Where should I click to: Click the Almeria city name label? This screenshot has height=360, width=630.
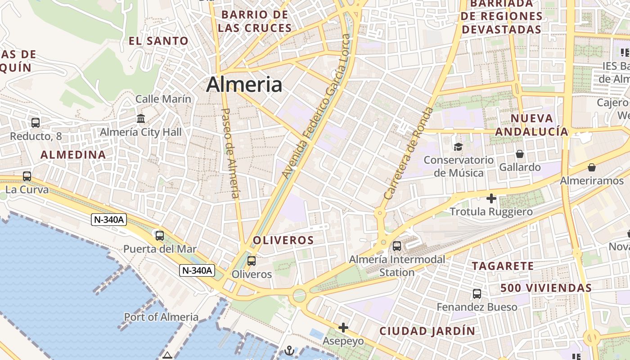[244, 85]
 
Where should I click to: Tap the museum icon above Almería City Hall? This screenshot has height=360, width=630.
[141, 119]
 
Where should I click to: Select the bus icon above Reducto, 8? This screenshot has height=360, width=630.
[36, 122]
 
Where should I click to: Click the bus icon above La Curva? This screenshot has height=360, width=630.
[27, 176]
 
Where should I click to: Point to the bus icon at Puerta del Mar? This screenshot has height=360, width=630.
[159, 235]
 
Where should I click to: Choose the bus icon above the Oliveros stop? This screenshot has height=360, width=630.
[252, 261]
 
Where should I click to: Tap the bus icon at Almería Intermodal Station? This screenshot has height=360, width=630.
[397, 246]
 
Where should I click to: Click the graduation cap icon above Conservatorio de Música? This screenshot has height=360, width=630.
[458, 147]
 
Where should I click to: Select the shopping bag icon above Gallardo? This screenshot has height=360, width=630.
[520, 154]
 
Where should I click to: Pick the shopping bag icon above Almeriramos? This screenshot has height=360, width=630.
[592, 167]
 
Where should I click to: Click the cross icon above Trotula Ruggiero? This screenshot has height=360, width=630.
[491, 198]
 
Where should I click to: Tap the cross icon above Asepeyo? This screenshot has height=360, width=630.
[343, 327]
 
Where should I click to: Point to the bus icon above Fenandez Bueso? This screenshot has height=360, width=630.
[477, 294]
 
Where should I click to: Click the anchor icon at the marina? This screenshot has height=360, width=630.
[290, 351]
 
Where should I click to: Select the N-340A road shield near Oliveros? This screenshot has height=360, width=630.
[197, 270]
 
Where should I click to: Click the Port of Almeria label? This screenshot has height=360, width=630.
[161, 317]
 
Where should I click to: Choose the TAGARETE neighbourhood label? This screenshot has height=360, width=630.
[503, 266]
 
